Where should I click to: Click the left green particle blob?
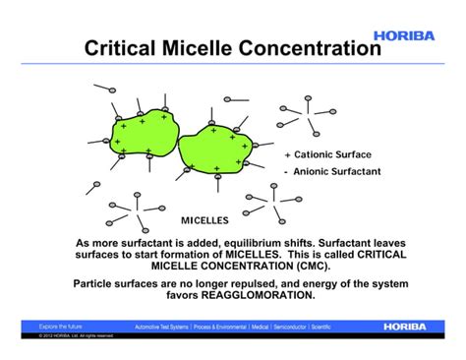click(141, 135)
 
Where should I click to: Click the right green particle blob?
click(213, 145)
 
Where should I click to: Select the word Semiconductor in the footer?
click(294, 326)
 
